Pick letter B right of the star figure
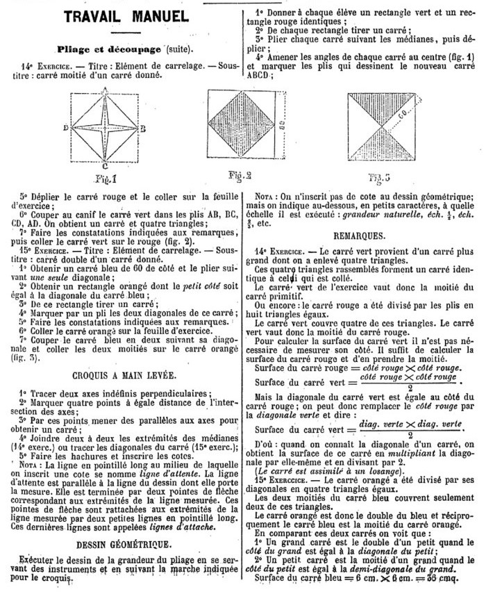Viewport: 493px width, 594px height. (143, 129)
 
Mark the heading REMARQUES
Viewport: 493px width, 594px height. (368, 236)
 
